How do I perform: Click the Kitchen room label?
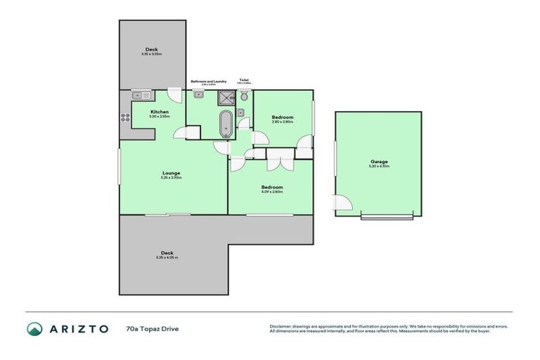(x=160, y=112)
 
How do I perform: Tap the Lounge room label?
(x=171, y=173)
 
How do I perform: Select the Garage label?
(x=379, y=162)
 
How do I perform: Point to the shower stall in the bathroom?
(x=226, y=98)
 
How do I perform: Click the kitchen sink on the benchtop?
(x=139, y=94)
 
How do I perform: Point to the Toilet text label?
(x=244, y=80)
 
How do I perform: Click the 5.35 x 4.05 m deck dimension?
(x=167, y=258)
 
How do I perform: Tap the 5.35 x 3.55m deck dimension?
(x=152, y=54)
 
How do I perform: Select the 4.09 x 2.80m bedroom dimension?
(x=272, y=192)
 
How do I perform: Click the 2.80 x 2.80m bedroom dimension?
(x=282, y=122)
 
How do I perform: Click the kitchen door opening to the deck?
(x=175, y=94)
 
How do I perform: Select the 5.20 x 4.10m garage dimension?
(x=379, y=167)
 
